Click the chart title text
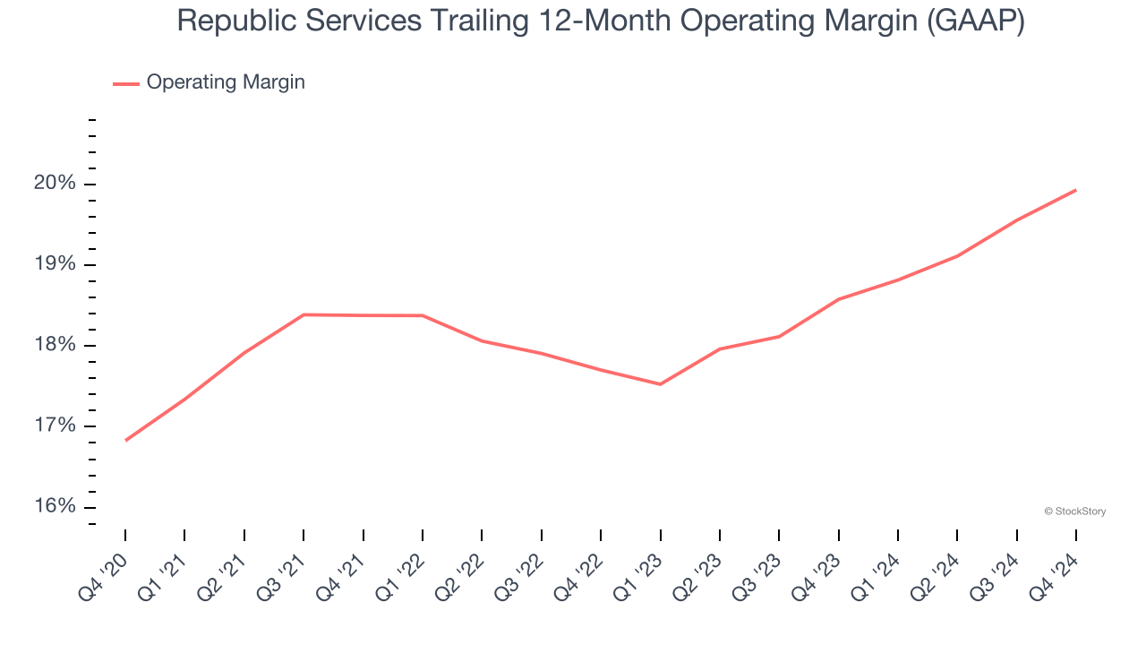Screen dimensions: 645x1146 click(x=600, y=21)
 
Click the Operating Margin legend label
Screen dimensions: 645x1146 click(x=226, y=82)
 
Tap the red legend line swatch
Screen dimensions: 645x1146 click(x=126, y=83)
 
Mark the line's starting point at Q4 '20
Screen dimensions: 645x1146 click(x=125, y=440)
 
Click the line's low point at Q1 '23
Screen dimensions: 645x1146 click(x=660, y=384)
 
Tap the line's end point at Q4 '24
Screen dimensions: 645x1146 click(x=1075, y=190)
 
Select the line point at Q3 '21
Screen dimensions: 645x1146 click(x=304, y=314)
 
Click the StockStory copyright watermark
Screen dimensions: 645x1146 click(x=1074, y=512)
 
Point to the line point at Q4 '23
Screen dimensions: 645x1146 click(x=838, y=299)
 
